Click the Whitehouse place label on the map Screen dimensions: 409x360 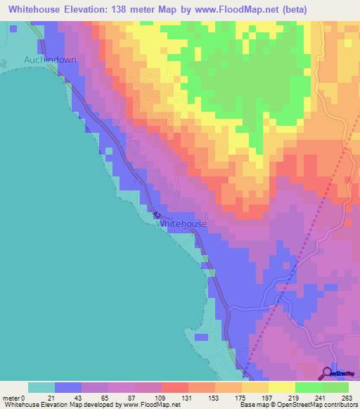coord(181,223)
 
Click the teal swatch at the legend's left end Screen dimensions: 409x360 coord(41,387)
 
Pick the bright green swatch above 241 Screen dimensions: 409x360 coord(309,387)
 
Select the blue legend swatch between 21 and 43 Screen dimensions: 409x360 coord(68,387)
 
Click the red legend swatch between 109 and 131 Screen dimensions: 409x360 coord(175,387)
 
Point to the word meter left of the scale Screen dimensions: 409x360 coord(11,397)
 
